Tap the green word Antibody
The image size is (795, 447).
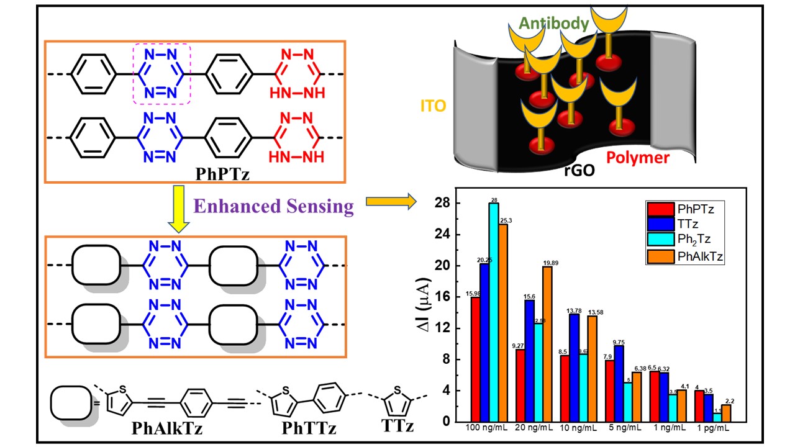553,24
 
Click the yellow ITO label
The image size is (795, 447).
432,106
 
